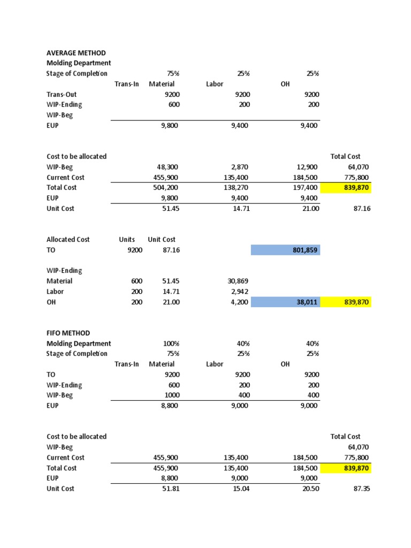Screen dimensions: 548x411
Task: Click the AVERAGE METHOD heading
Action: pos(75,53)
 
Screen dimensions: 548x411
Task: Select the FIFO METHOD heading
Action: pos(68,333)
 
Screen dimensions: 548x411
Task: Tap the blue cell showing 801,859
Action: pos(285,250)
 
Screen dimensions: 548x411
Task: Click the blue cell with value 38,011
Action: pos(285,302)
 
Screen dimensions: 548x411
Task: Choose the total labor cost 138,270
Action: pos(236,188)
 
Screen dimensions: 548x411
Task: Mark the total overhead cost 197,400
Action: pos(306,188)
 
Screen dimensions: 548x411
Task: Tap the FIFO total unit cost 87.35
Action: pos(360,489)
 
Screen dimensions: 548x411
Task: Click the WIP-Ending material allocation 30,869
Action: pos(238,281)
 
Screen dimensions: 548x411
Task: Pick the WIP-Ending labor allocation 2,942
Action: pos(240,292)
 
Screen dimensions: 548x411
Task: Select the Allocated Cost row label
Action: pos(68,240)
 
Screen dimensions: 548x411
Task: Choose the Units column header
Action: pos(127,240)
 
